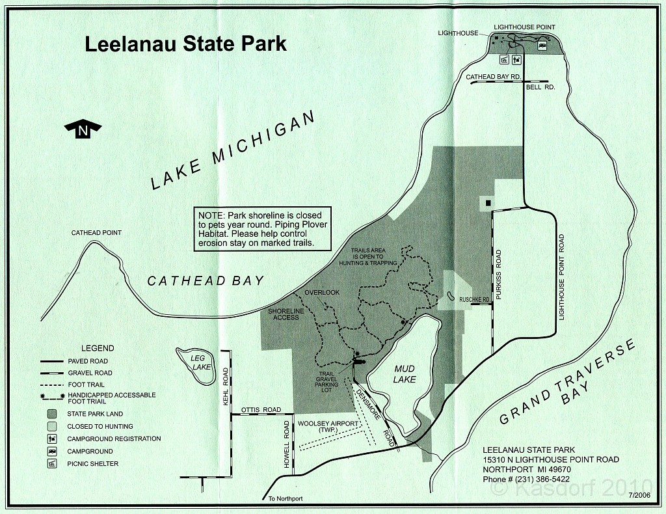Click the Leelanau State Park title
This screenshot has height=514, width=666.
point(186,44)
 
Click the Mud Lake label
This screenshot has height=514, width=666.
point(405,373)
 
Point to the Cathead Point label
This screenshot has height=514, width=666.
point(96,233)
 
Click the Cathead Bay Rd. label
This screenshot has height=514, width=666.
point(494,77)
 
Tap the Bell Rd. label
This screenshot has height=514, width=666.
point(540,87)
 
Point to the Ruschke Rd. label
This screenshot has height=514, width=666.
point(473,300)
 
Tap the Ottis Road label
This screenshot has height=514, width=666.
point(260,410)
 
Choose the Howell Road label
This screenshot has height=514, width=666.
point(286,444)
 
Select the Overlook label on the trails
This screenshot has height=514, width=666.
point(322,293)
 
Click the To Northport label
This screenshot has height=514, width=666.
point(285,499)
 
